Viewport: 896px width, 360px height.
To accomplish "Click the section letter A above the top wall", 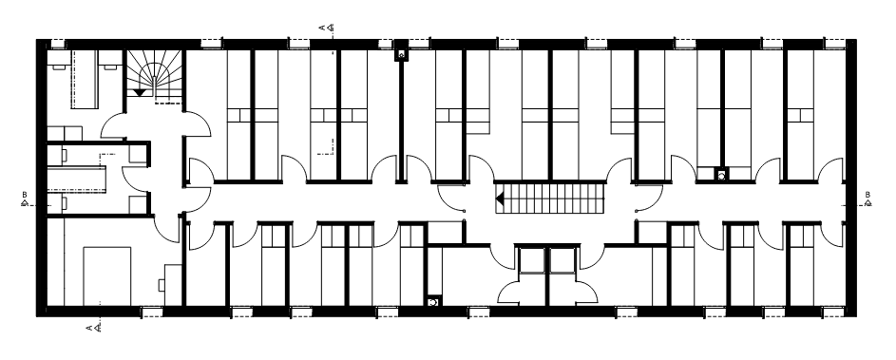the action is pyautogui.click(x=322, y=27).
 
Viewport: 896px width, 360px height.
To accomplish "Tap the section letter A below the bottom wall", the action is pyautogui.click(x=89, y=328).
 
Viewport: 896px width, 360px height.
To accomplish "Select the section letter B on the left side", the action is pyautogui.click(x=25, y=195).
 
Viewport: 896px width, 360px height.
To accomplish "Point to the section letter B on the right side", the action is pyautogui.click(x=867, y=195).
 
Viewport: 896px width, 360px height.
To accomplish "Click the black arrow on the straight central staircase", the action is pyautogui.click(x=500, y=199).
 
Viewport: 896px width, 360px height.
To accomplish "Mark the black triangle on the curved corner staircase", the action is pyautogui.click(x=140, y=92).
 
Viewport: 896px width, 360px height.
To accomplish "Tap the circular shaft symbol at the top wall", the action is pyautogui.click(x=401, y=55).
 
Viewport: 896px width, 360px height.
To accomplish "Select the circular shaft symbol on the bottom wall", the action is pyautogui.click(x=433, y=301).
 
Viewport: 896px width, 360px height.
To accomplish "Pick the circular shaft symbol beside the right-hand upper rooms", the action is pyautogui.click(x=722, y=176).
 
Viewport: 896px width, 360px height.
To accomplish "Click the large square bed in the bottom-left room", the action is pyautogui.click(x=106, y=276).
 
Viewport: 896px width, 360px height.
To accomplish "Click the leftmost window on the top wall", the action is pyautogui.click(x=58, y=44).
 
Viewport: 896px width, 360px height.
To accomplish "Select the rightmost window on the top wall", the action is pyautogui.click(x=834, y=44).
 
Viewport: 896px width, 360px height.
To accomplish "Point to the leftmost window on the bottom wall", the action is pyautogui.click(x=151, y=312).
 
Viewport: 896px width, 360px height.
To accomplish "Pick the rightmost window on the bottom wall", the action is pyautogui.click(x=833, y=312).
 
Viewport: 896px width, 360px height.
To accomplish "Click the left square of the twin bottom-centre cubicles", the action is pyautogui.click(x=531, y=260).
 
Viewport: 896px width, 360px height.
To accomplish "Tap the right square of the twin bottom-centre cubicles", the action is pyautogui.click(x=562, y=260).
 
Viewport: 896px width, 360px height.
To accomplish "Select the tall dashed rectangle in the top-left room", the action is pyautogui.click(x=86, y=79).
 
